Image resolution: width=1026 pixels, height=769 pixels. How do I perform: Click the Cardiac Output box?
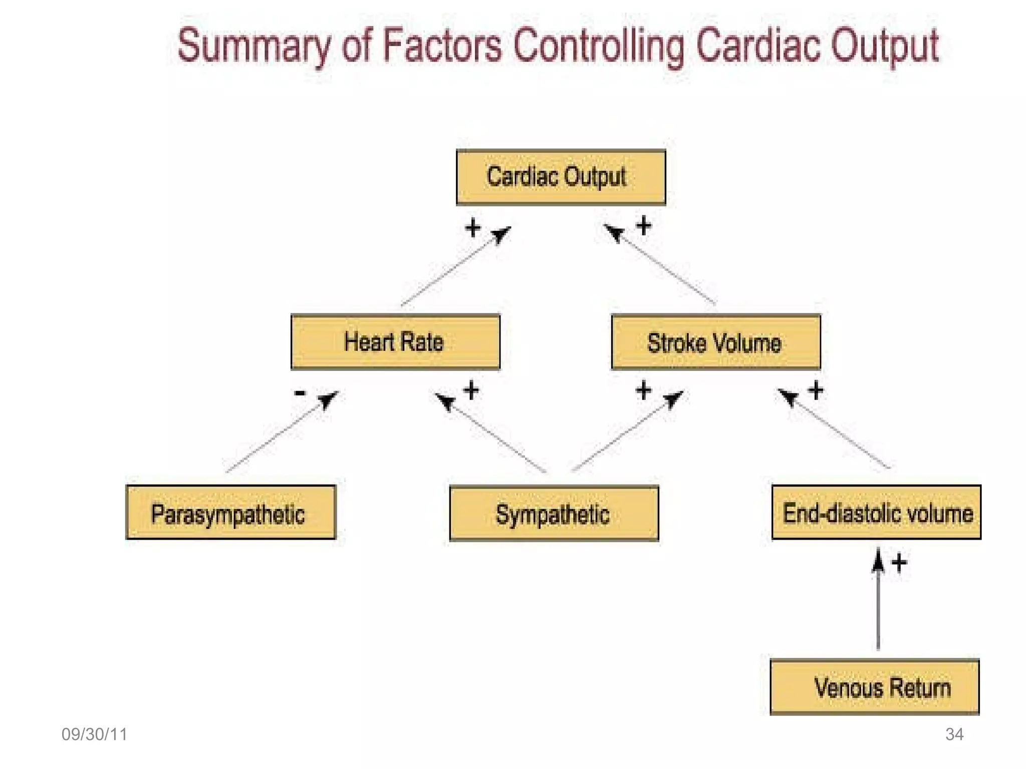pos(561,177)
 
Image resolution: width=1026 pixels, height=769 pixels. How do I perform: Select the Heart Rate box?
pos(395,342)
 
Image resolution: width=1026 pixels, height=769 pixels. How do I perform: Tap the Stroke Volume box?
pos(715,342)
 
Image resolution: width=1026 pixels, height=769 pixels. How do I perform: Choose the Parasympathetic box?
pos(230,513)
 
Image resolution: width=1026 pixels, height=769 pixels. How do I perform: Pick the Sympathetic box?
pos(554,514)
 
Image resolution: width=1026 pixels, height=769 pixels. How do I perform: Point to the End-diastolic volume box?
pos(876,513)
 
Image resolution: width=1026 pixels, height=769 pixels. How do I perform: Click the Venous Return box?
pos(874,687)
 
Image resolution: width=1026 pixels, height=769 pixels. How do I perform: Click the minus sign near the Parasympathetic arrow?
pos(300,393)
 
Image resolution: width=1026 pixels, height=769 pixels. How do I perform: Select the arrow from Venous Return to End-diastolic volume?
pos(878,601)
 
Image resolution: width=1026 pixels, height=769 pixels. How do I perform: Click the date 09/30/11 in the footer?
pos(94,734)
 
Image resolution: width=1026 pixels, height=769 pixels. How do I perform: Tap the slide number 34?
pos(954,734)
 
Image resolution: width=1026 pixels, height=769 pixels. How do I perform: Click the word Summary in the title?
pos(254,46)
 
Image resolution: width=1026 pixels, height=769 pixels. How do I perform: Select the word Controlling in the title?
pos(599,46)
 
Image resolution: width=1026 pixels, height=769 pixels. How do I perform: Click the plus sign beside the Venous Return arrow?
pos(899,563)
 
